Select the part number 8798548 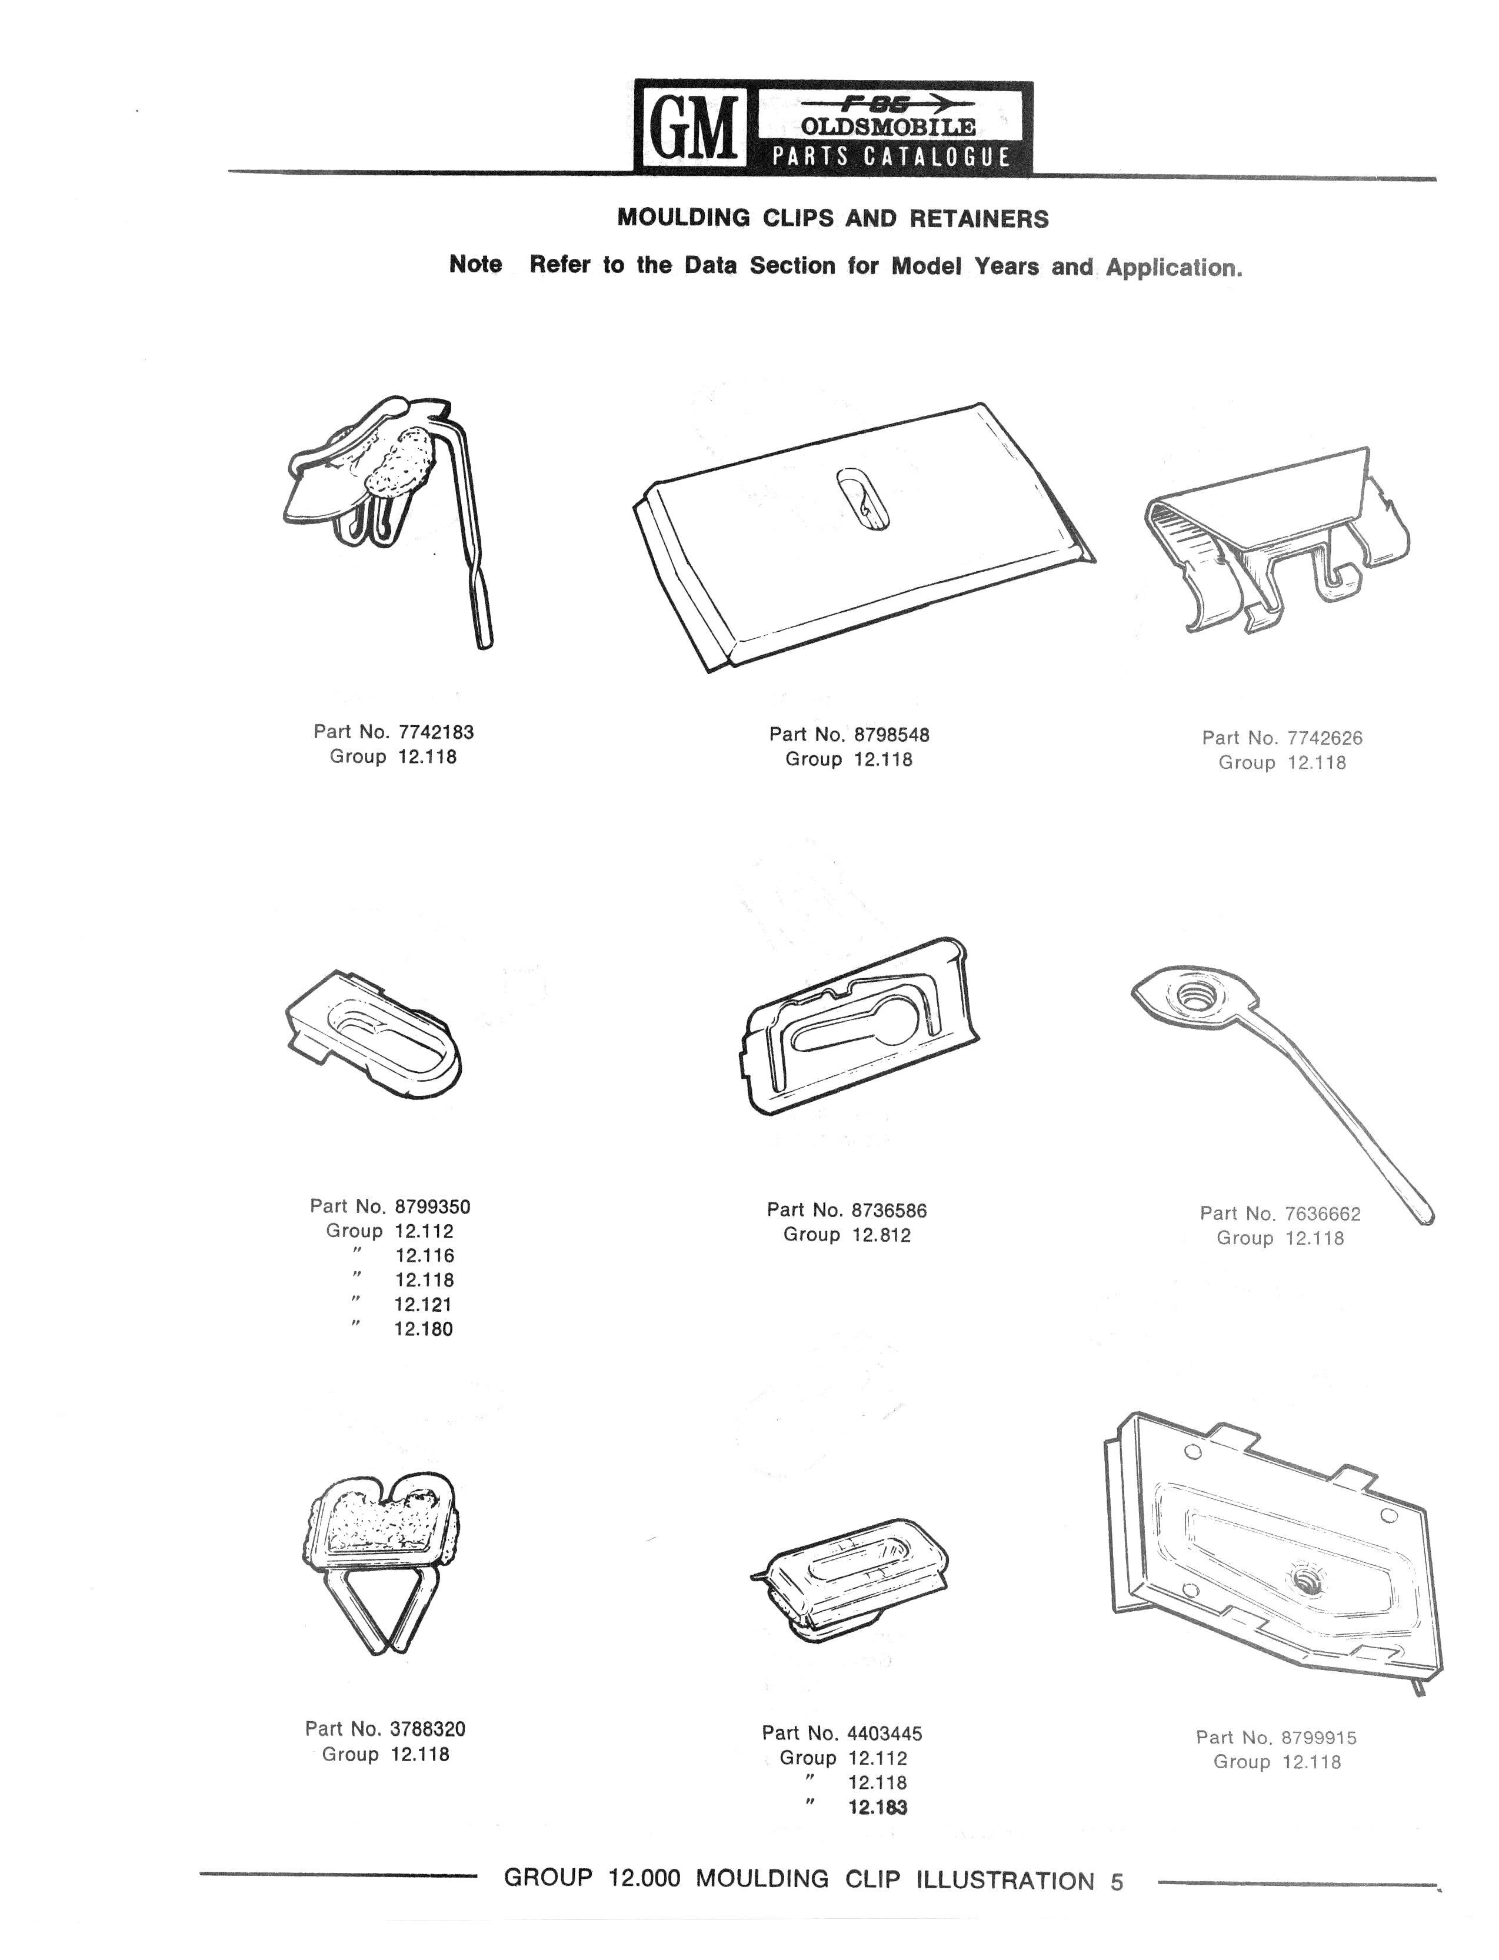891,735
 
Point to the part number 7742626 1324,738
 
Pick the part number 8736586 890,1211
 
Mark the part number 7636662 1323,1214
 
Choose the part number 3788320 427,1729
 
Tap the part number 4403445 884,1734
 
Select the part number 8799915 1319,1737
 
